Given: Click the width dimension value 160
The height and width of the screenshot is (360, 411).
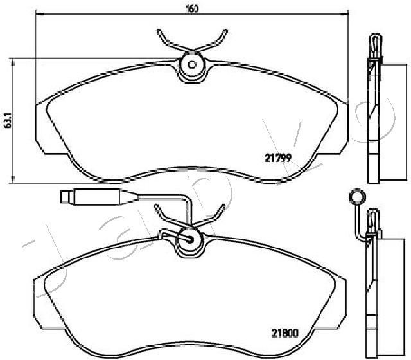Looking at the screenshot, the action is click(x=192, y=8).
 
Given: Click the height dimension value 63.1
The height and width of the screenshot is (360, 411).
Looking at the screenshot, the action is click(x=8, y=120).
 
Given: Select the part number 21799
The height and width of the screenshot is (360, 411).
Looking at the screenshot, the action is click(x=278, y=158).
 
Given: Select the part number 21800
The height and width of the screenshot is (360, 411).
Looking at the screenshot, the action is click(x=285, y=333).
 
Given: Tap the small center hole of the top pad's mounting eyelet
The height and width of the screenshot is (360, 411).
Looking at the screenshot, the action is click(x=192, y=64).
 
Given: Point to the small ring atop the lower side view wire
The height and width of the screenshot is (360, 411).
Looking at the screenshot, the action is click(x=357, y=196).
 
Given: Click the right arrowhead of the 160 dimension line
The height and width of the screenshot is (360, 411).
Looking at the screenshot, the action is click(x=345, y=14).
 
